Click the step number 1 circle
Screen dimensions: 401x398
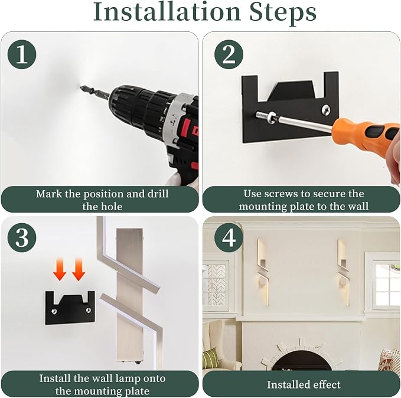click(x=22, y=54)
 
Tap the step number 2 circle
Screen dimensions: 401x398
click(x=229, y=54)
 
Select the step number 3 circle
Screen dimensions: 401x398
click(x=22, y=237)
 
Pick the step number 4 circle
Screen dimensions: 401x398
click(x=229, y=237)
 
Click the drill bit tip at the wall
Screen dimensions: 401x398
click(x=81, y=87)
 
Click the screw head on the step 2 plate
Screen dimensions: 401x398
click(x=325, y=110)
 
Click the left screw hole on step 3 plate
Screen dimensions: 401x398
click(x=54, y=311)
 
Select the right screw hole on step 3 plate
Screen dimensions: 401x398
click(x=89, y=311)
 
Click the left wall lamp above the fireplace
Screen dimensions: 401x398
click(x=263, y=272)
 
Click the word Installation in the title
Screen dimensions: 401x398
click(x=167, y=12)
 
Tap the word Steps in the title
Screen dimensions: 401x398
click(x=283, y=13)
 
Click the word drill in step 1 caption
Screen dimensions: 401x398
click(x=158, y=194)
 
